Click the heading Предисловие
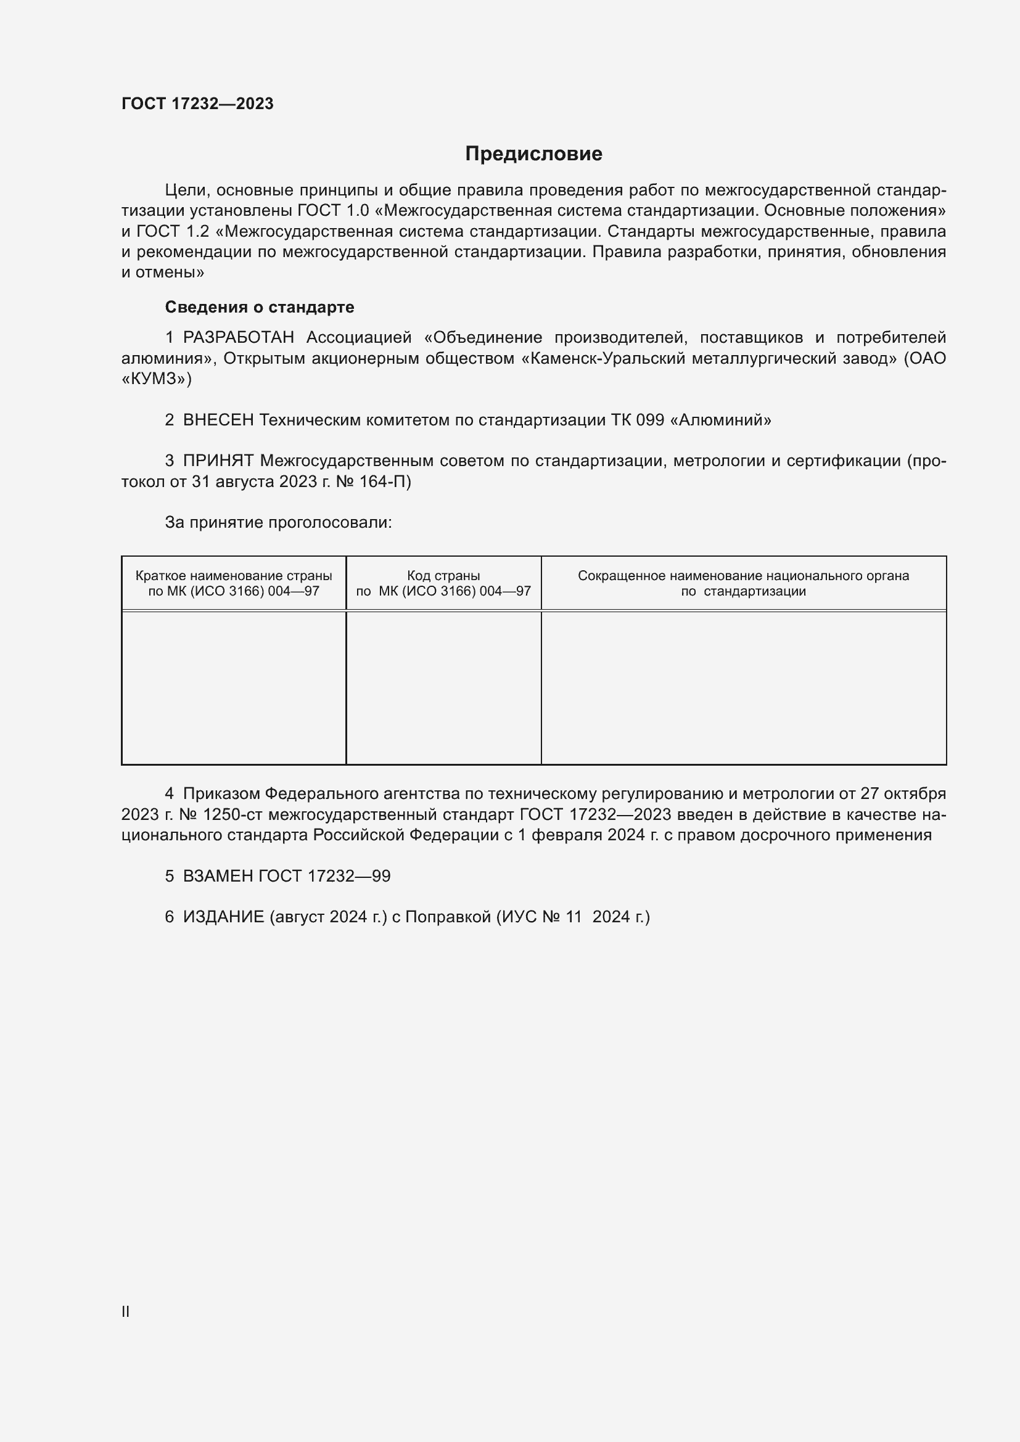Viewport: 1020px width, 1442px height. pos(533,154)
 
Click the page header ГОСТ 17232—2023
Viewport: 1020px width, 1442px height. pos(197,104)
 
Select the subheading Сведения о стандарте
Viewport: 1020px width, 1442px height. pos(260,307)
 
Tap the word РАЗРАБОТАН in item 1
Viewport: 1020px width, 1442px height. pos(238,338)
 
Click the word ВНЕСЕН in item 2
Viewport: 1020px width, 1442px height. pos(218,420)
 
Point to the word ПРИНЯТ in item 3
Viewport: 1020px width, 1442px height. pos(218,461)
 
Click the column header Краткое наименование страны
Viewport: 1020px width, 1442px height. pos(234,576)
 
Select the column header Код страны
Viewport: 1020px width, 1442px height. pos(443,576)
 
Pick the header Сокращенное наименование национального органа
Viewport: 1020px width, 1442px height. pos(743,576)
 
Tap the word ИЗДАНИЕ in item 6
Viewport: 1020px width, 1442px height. pos(224,917)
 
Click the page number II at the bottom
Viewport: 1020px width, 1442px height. pos(126,1311)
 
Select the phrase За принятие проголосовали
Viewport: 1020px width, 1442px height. pos(278,523)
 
